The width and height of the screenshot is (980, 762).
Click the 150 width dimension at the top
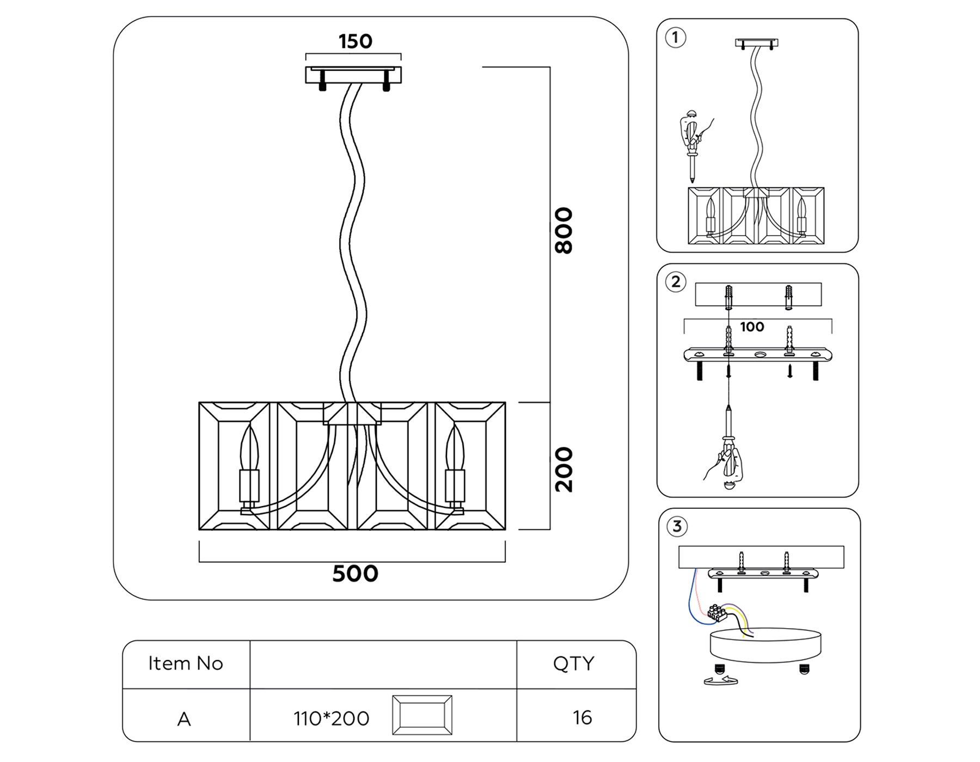(355, 41)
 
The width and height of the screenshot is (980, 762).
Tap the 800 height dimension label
(563, 230)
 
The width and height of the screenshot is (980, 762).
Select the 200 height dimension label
(563, 470)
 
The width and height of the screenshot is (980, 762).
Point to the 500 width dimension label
(355, 574)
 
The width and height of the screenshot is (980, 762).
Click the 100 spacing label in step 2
(751, 327)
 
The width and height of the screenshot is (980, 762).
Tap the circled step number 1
(676, 38)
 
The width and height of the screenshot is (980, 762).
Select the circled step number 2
(676, 282)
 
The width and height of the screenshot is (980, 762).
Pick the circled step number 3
(677, 526)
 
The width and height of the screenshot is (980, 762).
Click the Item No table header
(186, 663)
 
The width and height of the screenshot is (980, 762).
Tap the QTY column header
(573, 663)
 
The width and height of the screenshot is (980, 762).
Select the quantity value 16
(582, 717)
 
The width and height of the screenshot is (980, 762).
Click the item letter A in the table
(184, 719)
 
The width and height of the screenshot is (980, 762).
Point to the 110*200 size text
(331, 718)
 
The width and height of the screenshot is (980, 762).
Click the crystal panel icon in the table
(422, 715)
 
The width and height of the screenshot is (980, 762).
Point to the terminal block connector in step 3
(717, 613)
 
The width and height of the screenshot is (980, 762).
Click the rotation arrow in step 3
(720, 680)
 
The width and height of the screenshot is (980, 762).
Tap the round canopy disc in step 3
(765, 645)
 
